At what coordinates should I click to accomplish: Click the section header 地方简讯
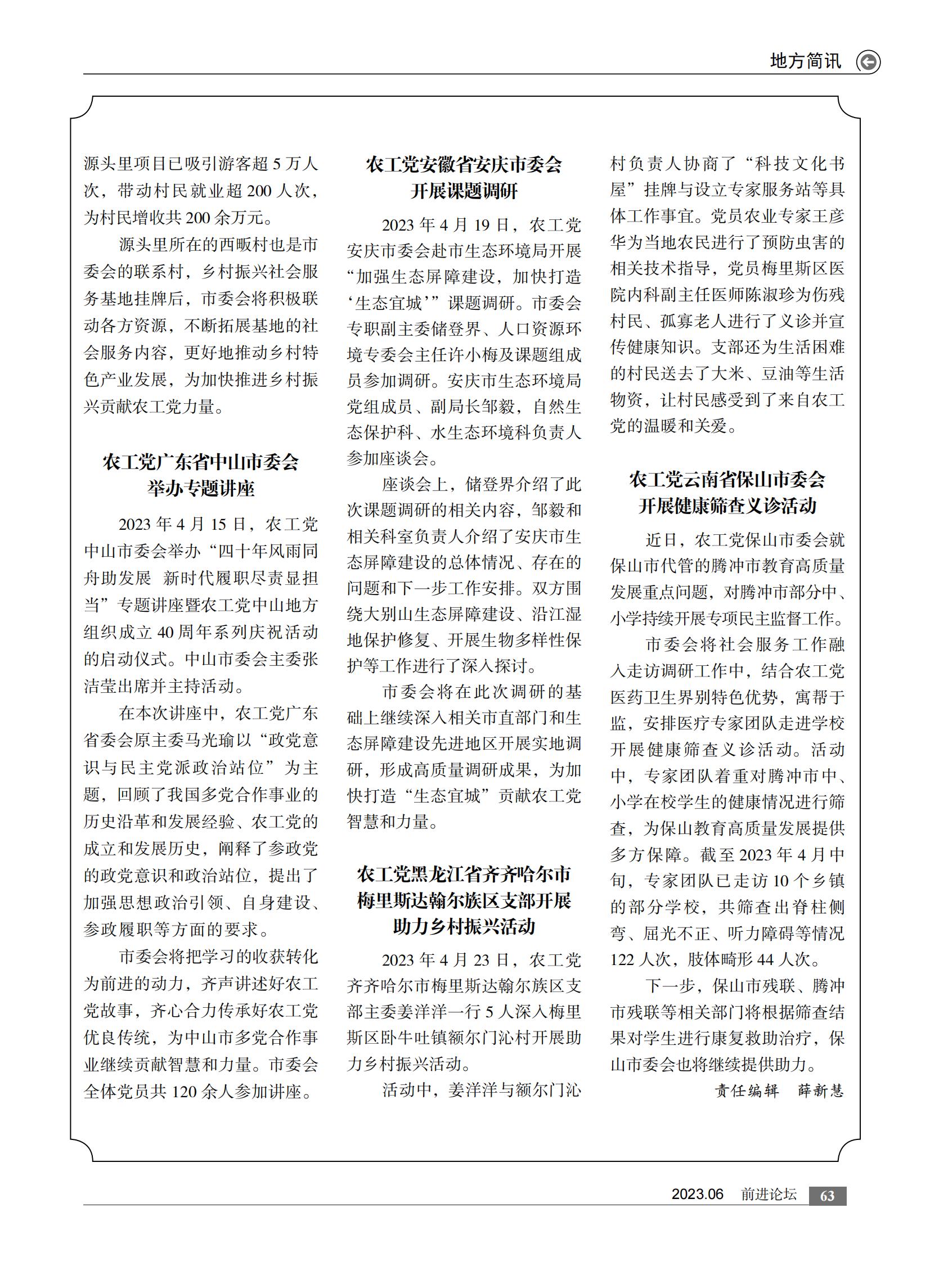[805, 61]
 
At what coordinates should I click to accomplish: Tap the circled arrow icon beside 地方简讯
[868, 62]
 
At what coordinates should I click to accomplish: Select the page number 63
[827, 1196]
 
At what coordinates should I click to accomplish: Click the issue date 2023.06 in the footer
[697, 1195]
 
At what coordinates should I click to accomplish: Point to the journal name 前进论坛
[769, 1195]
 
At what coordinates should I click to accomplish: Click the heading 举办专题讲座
[201, 488]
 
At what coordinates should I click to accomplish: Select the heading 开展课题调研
[464, 191]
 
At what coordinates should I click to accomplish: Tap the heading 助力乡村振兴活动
[464, 926]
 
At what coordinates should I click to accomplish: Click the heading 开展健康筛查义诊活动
[727, 506]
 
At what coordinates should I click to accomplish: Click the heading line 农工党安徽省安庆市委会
[464, 165]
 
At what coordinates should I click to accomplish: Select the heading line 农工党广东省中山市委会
[201, 462]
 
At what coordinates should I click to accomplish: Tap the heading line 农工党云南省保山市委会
[727, 480]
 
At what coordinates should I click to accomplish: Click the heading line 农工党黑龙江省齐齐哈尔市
[464, 874]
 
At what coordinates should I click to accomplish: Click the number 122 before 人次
[622, 959]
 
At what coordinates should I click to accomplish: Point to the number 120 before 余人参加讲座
[183, 1092]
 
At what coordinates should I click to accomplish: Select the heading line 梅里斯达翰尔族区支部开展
[464, 900]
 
